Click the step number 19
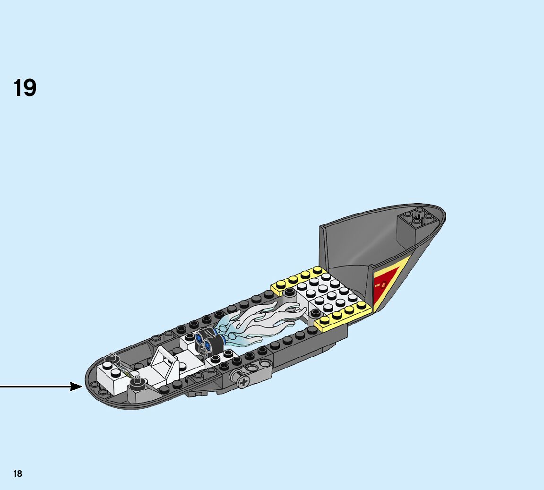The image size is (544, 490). click(x=25, y=88)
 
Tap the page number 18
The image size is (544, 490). click(x=17, y=473)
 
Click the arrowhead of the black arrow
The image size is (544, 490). click(x=77, y=387)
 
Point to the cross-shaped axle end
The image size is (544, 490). click(x=243, y=382)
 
